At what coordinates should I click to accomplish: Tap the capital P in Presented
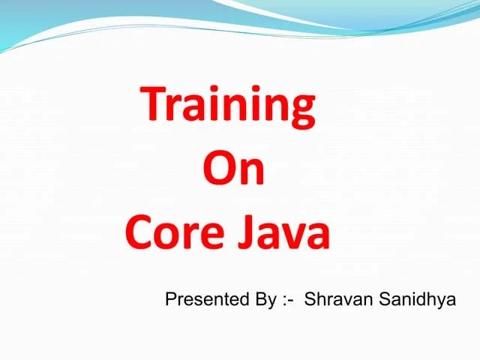point(170,301)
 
